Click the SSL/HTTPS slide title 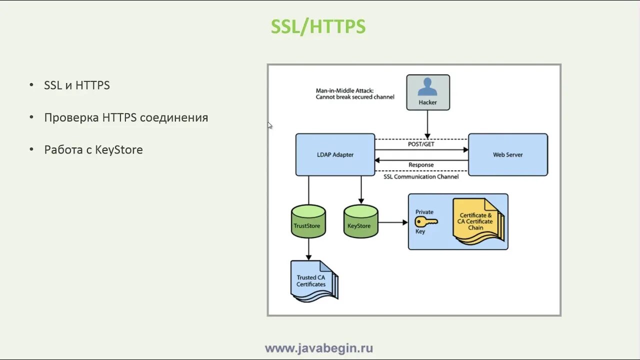pyautogui.click(x=318, y=26)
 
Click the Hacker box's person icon pyautogui.click(x=427, y=87)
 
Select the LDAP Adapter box pyautogui.click(x=335, y=154)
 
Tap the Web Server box pyautogui.click(x=507, y=154)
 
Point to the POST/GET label pyautogui.click(x=421, y=144)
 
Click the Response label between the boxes pyautogui.click(x=421, y=165)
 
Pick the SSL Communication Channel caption pyautogui.click(x=421, y=176)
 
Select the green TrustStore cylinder pyautogui.click(x=308, y=221)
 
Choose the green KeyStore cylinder pyautogui.click(x=360, y=221)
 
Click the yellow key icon pyautogui.click(x=426, y=221)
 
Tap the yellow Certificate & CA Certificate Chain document pyautogui.click(x=476, y=221)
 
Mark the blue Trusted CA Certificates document pyautogui.click(x=312, y=281)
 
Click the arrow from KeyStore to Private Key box pyautogui.click(x=393, y=222)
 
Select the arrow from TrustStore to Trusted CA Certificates pyautogui.click(x=308, y=248)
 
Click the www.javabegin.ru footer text pyautogui.click(x=319, y=348)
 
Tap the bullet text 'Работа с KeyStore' pyautogui.click(x=93, y=150)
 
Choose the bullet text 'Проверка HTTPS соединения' pyautogui.click(x=126, y=118)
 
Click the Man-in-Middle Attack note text pyautogui.click(x=355, y=93)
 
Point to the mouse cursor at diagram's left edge pyautogui.click(x=269, y=125)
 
